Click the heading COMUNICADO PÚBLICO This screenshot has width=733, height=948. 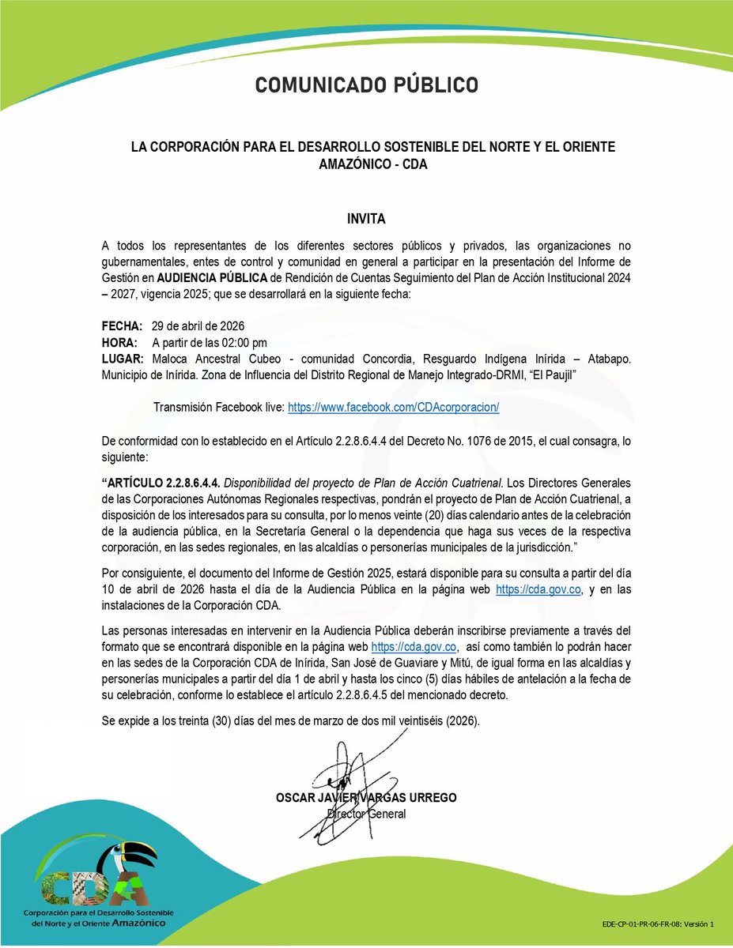[366, 85]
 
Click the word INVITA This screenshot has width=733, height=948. [366, 218]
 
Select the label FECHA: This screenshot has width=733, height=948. [123, 326]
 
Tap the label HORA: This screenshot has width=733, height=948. [120, 342]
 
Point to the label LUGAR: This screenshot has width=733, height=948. [123, 358]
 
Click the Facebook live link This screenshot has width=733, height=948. [393, 407]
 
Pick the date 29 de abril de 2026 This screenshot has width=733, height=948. [198, 326]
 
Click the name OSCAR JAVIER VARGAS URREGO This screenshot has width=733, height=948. [366, 798]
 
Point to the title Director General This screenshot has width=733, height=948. [366, 814]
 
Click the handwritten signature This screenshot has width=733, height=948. [348, 770]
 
